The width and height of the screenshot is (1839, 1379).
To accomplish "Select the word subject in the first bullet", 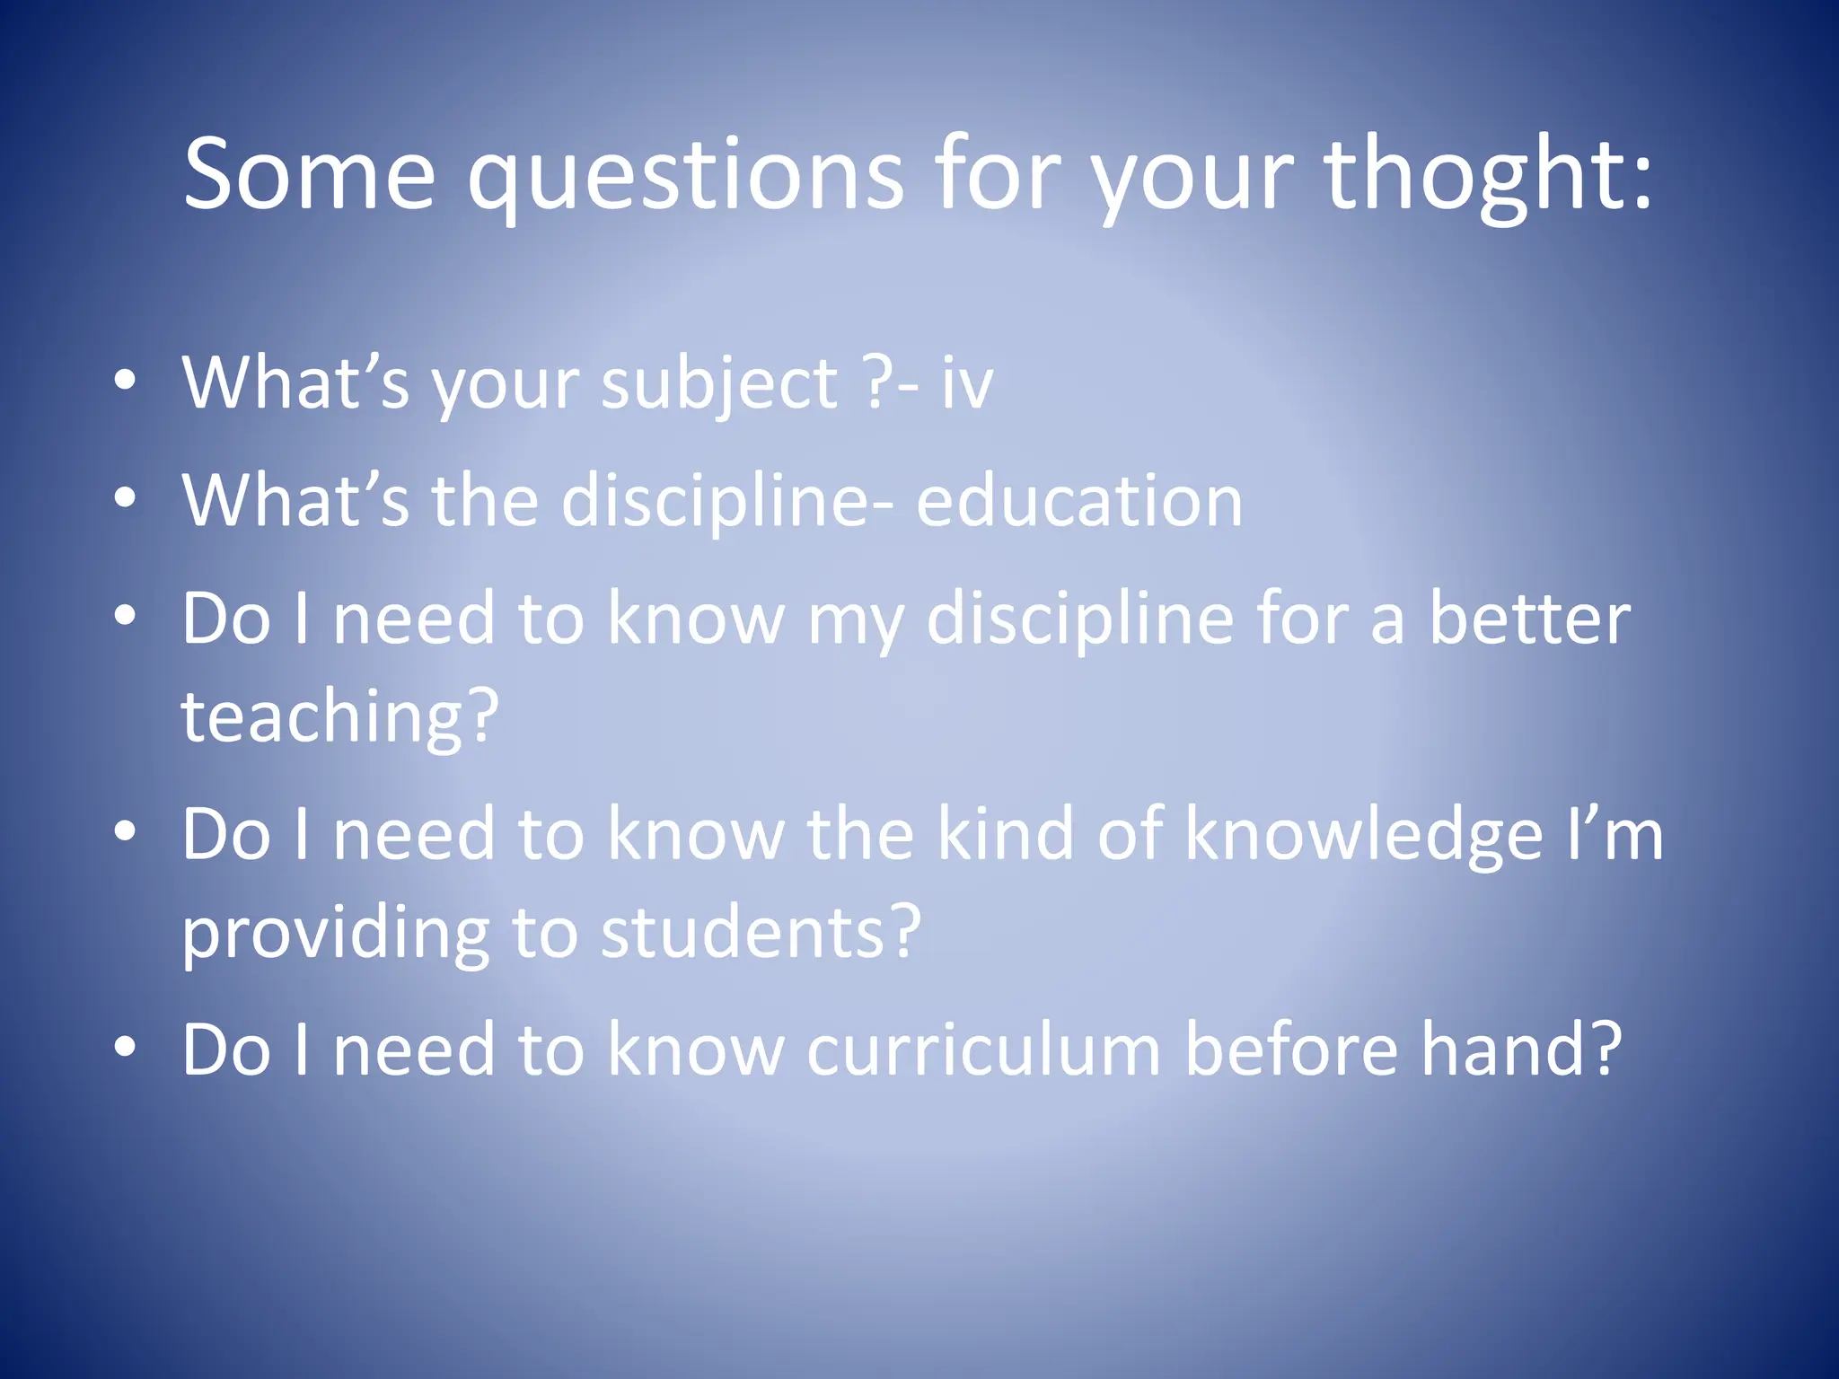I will (719, 383).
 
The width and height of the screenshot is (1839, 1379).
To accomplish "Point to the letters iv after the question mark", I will (967, 383).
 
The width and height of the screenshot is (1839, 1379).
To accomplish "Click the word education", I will (1079, 500).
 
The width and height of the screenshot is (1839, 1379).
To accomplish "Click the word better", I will (1529, 619).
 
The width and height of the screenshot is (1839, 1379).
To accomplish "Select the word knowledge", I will (1364, 834).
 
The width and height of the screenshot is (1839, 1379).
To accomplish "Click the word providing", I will (336, 933).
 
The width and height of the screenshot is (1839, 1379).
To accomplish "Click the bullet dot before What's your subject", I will (126, 381).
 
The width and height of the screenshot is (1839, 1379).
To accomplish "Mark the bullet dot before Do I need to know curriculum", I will (126, 1046).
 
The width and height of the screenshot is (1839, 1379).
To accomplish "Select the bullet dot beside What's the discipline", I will (126, 497).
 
